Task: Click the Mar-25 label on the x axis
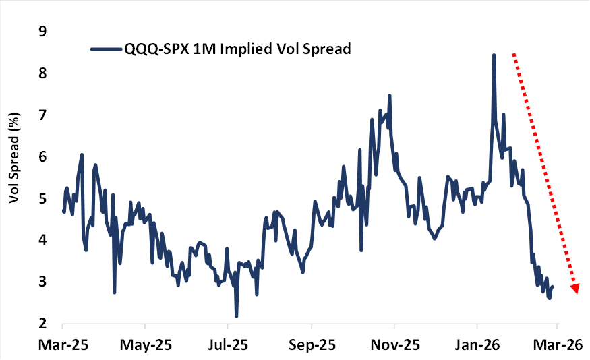tap(63, 344)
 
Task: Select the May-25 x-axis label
tap(146, 344)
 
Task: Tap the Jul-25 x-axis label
tap(228, 344)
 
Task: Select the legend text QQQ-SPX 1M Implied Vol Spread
tap(238, 49)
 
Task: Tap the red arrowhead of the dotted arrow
tap(574, 288)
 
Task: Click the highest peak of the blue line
tap(494, 55)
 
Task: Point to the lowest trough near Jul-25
tap(237, 316)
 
